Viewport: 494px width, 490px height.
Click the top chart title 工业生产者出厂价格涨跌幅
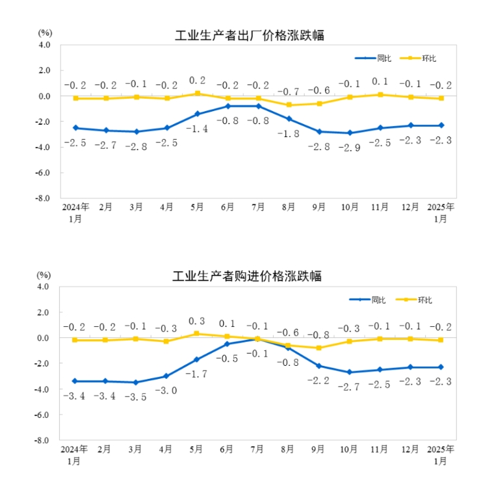(x=250, y=36)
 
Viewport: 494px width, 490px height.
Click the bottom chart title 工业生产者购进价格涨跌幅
(x=247, y=276)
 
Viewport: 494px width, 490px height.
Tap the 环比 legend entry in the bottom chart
(x=424, y=300)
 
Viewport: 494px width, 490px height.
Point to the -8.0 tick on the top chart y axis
(x=42, y=198)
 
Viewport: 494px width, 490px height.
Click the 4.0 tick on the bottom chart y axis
(x=44, y=287)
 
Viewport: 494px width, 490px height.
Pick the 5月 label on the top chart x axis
(x=197, y=207)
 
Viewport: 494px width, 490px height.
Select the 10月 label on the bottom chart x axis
(x=349, y=449)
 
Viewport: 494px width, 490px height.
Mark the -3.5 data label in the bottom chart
(x=136, y=397)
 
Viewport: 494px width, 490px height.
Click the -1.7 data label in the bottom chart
(x=197, y=375)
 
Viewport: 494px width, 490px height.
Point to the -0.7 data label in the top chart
(x=288, y=92)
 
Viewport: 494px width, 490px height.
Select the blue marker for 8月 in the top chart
(x=289, y=119)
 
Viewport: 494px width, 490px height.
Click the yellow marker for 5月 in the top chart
(x=197, y=94)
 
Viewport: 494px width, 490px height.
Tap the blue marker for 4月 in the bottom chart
(x=166, y=376)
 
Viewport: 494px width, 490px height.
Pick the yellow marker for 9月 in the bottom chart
(x=318, y=348)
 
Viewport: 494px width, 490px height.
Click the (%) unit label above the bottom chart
(x=44, y=276)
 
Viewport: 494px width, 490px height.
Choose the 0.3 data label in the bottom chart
(x=197, y=321)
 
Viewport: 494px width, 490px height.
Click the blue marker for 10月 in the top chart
(x=349, y=133)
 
